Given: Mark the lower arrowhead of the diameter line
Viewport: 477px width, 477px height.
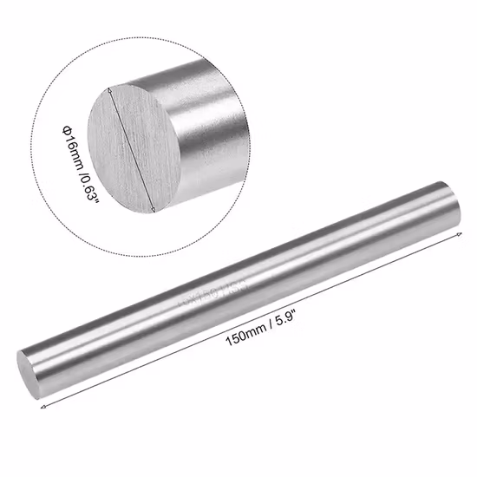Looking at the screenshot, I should coord(154,210).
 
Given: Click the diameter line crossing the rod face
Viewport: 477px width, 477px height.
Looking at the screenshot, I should coord(132,149).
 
